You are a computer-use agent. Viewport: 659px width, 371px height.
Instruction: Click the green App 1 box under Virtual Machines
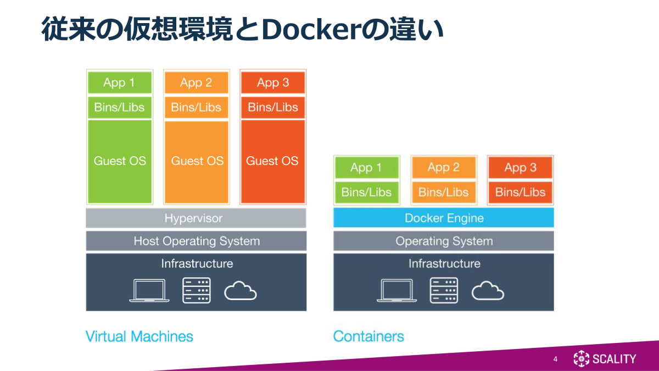(119, 83)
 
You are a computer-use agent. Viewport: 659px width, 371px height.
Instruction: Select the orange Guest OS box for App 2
(196, 161)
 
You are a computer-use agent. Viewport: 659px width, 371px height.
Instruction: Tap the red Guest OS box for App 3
(273, 161)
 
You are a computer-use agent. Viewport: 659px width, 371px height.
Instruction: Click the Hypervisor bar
(196, 218)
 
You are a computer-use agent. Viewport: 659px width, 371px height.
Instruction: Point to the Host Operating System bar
(196, 241)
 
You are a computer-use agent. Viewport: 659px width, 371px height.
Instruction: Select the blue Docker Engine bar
(443, 218)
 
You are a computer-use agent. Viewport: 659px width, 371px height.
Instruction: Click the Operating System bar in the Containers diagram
(443, 241)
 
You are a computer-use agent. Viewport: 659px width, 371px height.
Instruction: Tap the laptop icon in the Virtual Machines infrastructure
(149, 291)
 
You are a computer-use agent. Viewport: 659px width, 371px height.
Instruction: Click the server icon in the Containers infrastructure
(444, 291)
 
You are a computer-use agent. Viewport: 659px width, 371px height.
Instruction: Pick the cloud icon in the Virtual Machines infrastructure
(240, 291)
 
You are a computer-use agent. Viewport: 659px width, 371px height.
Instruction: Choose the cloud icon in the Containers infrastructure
(488, 291)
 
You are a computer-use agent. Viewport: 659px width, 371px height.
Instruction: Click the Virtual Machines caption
(139, 336)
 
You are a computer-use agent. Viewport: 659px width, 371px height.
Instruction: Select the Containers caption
(368, 336)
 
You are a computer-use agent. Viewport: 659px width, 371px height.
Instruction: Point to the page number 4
(555, 359)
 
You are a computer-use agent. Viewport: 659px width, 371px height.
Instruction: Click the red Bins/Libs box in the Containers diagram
(520, 192)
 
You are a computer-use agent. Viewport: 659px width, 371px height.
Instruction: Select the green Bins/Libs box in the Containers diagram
(366, 192)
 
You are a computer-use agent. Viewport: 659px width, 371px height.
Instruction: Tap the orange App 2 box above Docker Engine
(443, 168)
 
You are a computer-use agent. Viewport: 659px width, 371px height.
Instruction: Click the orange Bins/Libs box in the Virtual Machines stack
(196, 107)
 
